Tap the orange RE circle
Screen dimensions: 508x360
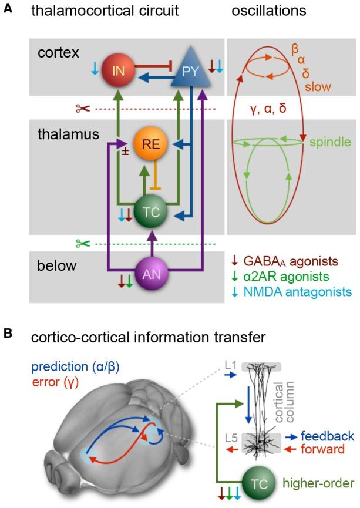point(150,146)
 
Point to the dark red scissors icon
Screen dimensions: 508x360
point(83,109)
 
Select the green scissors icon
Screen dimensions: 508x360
point(83,243)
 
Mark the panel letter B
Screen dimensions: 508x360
point(8,334)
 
